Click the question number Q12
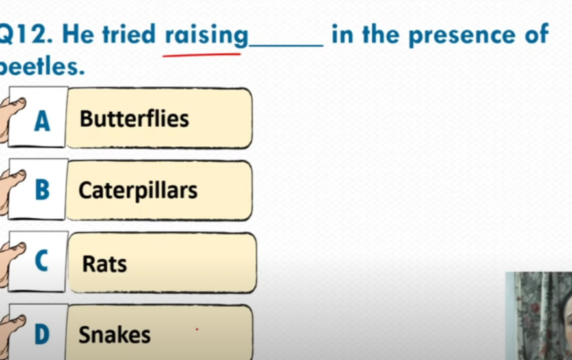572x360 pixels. pos(25,35)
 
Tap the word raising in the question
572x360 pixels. pos(207,36)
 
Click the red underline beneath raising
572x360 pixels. pos(201,55)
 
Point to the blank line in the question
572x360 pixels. pos(286,45)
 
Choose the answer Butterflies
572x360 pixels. pos(135,118)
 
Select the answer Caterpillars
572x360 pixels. pos(138,191)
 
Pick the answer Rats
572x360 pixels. pos(105,263)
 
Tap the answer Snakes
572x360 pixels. pos(114,335)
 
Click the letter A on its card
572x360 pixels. pos(42,121)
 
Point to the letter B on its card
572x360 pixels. pos(42,190)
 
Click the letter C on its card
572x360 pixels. pos(42,261)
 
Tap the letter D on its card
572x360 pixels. pos(42,335)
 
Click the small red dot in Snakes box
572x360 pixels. pos(197,329)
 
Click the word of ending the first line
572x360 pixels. pos(537,34)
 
